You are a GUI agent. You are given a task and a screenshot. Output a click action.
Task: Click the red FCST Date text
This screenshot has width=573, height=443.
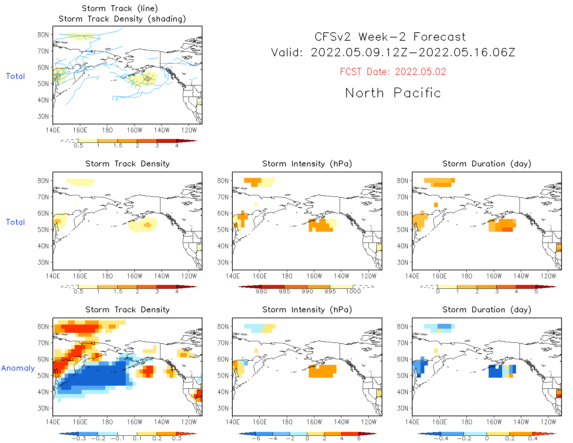click(x=393, y=72)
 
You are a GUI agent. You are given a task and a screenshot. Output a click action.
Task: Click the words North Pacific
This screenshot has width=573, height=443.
click(x=393, y=93)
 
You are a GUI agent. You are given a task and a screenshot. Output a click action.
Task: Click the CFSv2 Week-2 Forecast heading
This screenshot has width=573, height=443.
click(x=390, y=37)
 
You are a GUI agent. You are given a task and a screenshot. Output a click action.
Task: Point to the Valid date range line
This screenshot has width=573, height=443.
click(x=393, y=52)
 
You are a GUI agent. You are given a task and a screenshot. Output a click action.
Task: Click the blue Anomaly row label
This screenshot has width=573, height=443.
click(x=18, y=368)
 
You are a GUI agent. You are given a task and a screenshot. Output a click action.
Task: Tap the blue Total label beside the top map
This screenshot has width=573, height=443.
click(x=15, y=76)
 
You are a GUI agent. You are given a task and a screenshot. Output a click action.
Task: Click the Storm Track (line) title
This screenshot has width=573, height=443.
click(x=120, y=8)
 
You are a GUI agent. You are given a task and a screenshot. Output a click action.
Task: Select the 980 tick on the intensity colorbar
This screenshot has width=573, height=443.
click(x=261, y=292)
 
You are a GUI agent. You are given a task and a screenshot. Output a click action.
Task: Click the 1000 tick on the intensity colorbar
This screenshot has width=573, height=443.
click(x=353, y=292)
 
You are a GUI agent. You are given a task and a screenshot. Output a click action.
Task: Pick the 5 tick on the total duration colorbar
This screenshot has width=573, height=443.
click(x=536, y=292)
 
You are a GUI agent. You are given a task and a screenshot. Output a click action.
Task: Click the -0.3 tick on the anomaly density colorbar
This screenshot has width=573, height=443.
click(x=79, y=438)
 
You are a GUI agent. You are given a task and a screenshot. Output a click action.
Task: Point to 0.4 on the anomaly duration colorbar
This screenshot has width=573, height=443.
click(x=533, y=438)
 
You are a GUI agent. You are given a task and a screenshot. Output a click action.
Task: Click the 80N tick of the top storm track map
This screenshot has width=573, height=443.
click(x=43, y=35)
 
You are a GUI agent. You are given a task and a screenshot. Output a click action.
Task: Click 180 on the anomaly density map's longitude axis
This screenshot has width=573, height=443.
click(x=107, y=422)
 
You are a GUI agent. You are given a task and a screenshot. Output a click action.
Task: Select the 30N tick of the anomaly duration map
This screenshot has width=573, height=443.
click(x=402, y=408)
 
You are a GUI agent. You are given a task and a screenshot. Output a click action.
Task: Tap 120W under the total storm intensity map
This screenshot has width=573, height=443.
click(x=368, y=276)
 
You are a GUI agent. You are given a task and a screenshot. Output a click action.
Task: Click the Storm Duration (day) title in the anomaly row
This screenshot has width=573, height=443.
click(x=487, y=310)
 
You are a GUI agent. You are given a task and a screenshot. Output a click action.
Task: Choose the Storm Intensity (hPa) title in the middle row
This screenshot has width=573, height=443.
click(x=307, y=164)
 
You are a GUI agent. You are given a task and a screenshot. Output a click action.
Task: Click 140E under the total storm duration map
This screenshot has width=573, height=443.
click(x=412, y=276)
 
